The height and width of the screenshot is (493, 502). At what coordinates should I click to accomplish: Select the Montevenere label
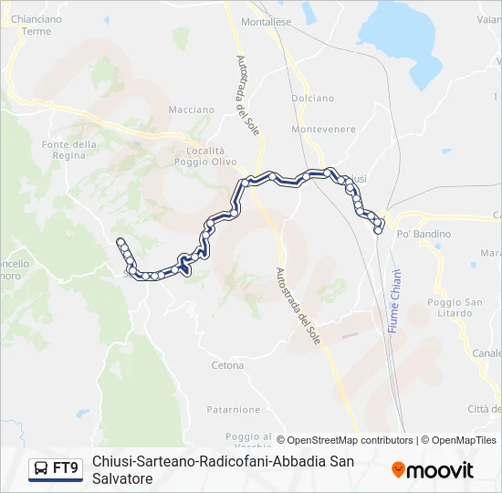click(x=323, y=130)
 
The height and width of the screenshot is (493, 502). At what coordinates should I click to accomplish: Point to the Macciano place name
click(x=190, y=110)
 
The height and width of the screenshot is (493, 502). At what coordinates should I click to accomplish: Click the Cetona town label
click(x=227, y=365)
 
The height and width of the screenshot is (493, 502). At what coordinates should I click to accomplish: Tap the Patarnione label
click(x=233, y=410)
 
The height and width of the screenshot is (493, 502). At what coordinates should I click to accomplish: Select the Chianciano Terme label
click(x=37, y=25)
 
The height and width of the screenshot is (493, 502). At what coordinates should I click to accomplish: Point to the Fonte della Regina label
click(x=69, y=150)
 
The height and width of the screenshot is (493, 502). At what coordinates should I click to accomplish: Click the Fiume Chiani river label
click(x=395, y=300)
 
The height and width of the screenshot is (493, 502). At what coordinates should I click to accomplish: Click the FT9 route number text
click(x=66, y=469)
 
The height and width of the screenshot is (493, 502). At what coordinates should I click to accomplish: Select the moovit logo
click(x=433, y=470)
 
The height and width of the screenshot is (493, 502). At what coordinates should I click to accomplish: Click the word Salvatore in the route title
click(x=121, y=478)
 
